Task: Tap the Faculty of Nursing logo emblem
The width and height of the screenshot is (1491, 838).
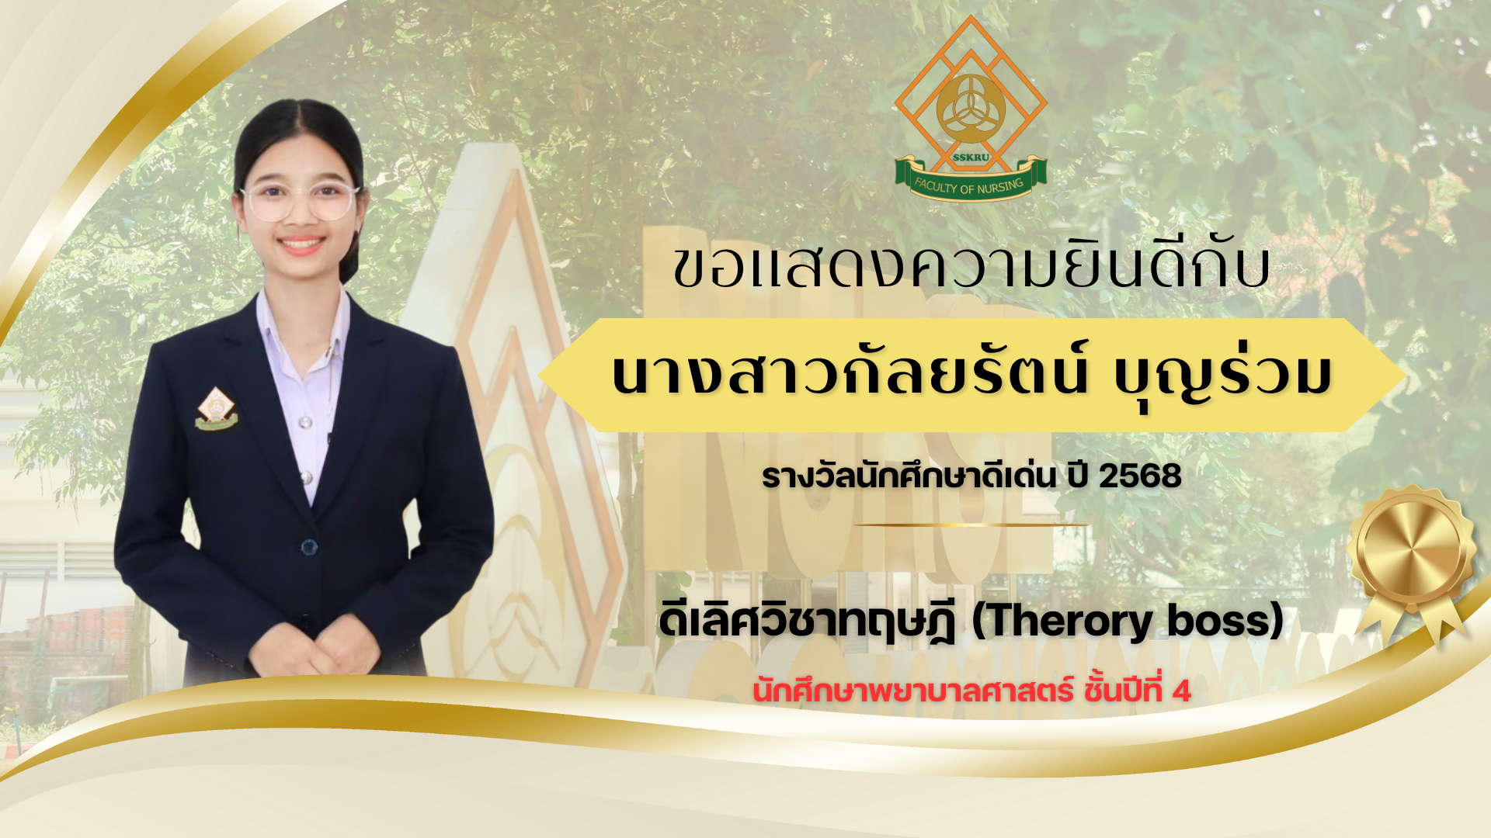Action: pos(971,108)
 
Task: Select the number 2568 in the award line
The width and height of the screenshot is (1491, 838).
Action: pos(1140,476)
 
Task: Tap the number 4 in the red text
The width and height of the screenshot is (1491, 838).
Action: pos(1181,691)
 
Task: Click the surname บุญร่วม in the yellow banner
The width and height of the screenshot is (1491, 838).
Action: pos(1222,375)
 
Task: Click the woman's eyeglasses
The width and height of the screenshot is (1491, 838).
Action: pos(300,201)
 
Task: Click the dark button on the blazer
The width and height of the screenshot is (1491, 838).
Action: pos(309,548)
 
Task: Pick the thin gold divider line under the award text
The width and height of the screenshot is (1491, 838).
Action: pos(972,525)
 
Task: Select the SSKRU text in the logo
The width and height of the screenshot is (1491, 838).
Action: pos(971,157)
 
